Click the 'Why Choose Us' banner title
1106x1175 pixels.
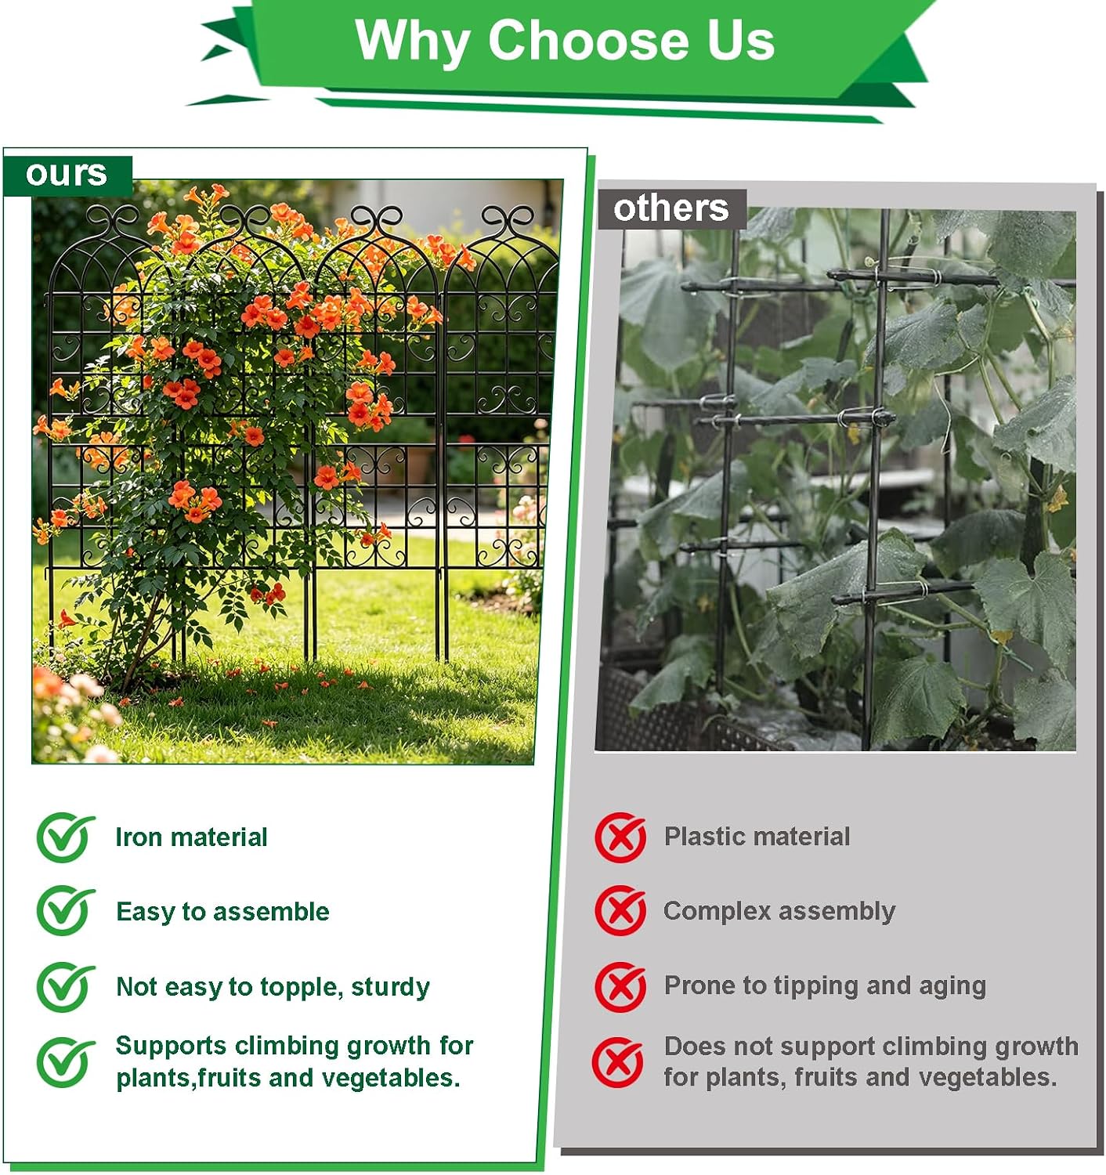(x=565, y=40)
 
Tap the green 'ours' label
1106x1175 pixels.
(x=67, y=175)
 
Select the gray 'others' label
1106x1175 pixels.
(x=671, y=209)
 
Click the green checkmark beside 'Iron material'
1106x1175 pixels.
(x=65, y=837)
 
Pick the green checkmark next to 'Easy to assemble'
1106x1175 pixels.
(x=65, y=911)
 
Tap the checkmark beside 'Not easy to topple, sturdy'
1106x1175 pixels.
(x=65, y=986)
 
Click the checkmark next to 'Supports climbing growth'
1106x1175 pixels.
(x=65, y=1062)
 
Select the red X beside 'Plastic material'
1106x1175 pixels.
(x=620, y=837)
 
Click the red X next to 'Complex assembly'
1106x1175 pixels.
(x=620, y=910)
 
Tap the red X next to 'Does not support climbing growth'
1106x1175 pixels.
(x=618, y=1062)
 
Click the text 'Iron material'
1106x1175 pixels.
(x=191, y=837)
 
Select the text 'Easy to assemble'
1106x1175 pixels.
(x=222, y=912)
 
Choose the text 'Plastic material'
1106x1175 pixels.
(x=757, y=837)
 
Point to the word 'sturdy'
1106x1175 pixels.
(x=390, y=988)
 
